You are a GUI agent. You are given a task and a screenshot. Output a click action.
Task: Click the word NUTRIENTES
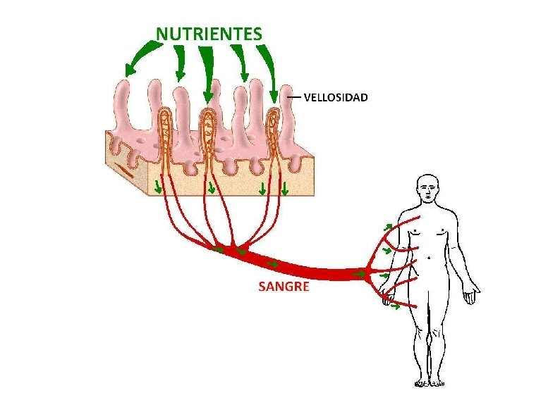click(x=209, y=33)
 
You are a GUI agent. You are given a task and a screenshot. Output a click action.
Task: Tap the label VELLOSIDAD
click(x=335, y=98)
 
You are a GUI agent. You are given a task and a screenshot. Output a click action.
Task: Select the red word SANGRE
click(x=284, y=287)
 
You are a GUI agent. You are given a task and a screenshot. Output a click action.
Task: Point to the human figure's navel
click(x=429, y=258)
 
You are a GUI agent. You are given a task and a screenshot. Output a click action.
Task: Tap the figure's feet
click(x=430, y=382)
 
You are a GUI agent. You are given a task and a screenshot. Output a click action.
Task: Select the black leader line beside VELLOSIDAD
click(x=293, y=97)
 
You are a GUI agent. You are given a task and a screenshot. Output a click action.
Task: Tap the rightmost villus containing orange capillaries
click(x=274, y=127)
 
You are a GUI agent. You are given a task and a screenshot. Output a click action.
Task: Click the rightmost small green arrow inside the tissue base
click(x=285, y=188)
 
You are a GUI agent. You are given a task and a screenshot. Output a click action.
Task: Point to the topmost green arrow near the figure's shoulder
click(x=387, y=227)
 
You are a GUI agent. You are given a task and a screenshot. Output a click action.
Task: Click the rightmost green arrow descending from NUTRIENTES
click(x=268, y=68)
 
